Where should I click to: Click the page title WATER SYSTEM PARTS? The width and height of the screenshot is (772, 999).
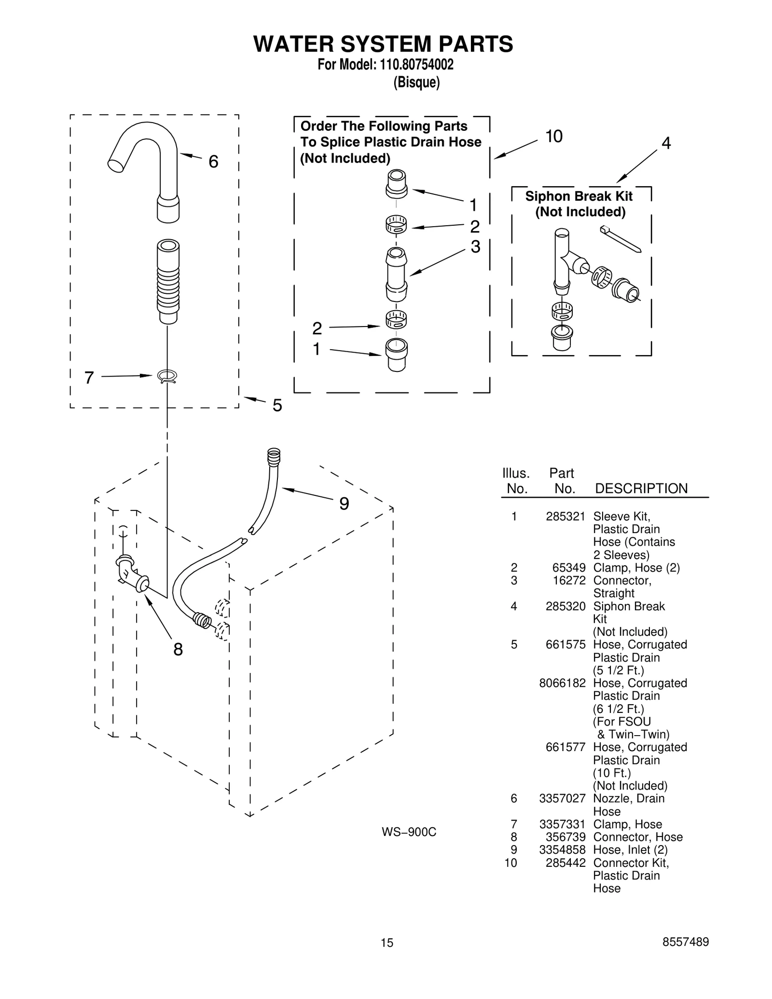click(x=383, y=44)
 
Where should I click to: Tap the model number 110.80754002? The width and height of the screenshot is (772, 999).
click(x=414, y=65)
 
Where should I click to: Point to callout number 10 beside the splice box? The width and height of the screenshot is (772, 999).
click(x=553, y=137)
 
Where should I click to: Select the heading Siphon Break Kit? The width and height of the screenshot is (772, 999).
click(x=579, y=196)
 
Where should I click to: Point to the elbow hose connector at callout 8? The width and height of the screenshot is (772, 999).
click(x=131, y=574)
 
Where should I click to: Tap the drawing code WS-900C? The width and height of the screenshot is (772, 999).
click(x=409, y=832)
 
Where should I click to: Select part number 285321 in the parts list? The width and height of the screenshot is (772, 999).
click(x=565, y=517)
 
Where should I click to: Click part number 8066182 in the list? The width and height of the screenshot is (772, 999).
click(x=562, y=683)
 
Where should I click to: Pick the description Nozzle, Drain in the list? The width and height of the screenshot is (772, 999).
click(x=628, y=798)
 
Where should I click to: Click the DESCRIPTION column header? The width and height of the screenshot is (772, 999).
click(x=641, y=489)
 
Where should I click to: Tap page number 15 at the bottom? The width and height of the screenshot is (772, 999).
click(x=386, y=943)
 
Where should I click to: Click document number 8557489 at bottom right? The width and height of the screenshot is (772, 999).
click(x=685, y=942)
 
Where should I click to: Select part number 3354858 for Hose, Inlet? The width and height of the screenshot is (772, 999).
click(x=562, y=849)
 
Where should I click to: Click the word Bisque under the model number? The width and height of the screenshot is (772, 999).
click(x=416, y=82)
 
